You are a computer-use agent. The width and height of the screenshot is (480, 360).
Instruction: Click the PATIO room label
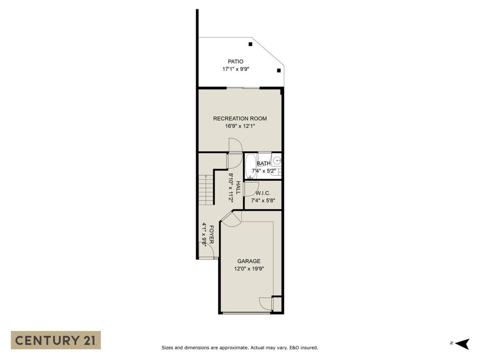tap(236, 62)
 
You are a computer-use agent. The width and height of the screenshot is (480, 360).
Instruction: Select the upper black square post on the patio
tap(250, 44)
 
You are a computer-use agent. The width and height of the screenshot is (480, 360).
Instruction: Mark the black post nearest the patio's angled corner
tap(279, 70)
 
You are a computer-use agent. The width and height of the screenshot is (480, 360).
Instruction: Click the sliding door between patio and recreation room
tap(243, 88)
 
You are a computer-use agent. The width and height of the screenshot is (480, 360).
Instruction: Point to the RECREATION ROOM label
tap(240, 118)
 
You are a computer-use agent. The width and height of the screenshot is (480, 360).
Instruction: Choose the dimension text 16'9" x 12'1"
tap(240, 126)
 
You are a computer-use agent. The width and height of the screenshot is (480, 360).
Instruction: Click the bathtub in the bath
tap(251, 166)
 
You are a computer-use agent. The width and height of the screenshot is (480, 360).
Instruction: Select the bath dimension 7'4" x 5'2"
tap(264, 171)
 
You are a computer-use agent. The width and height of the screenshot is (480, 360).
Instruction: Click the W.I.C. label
tap(263, 193)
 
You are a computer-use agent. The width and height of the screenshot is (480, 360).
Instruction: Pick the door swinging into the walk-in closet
tap(251, 188)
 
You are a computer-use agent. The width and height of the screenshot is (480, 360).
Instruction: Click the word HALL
tap(238, 188)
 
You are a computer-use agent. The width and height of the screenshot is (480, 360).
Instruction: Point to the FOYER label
tap(211, 234)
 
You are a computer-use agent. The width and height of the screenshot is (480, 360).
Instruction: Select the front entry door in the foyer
tap(207, 251)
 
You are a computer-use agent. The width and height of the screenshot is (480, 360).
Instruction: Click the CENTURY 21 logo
tap(56, 340)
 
